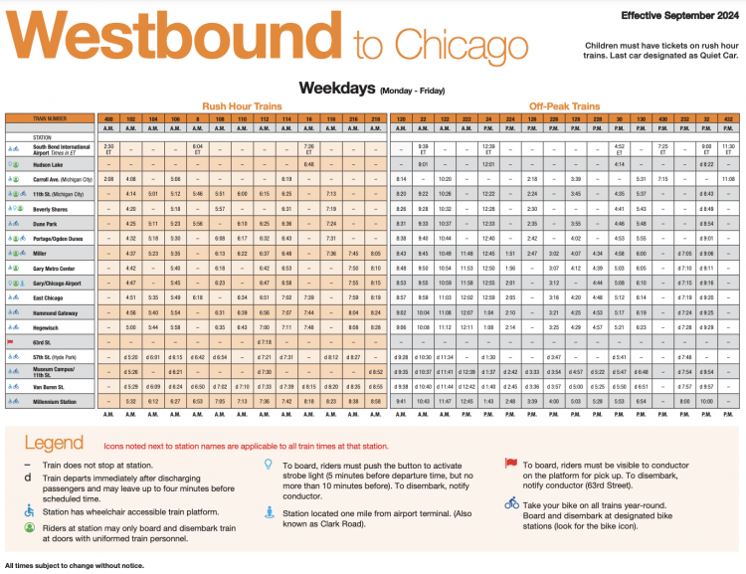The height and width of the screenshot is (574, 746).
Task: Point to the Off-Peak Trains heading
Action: tap(564, 105)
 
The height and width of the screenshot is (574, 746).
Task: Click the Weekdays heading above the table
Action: tap(336, 87)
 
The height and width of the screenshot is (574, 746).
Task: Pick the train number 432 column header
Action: tap(728, 118)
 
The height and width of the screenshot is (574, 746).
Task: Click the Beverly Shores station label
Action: tap(52, 209)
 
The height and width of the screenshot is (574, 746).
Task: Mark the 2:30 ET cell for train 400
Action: tap(109, 147)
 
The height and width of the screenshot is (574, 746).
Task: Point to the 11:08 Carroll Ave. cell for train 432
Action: tap(728, 178)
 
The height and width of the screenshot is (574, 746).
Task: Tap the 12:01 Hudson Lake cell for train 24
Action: tap(488, 163)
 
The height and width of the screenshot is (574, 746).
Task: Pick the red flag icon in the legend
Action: tap(510, 463)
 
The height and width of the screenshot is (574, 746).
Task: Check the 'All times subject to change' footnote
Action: tap(74, 567)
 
